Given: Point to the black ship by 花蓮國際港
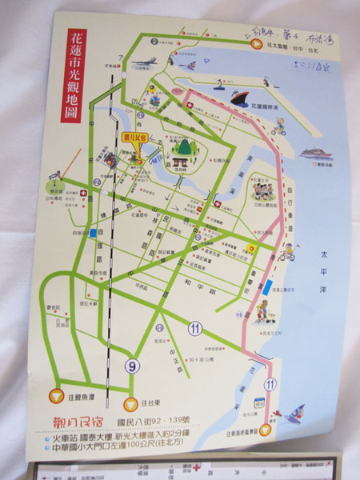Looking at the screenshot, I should click(241, 98).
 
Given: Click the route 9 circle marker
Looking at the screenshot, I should click(133, 366).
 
